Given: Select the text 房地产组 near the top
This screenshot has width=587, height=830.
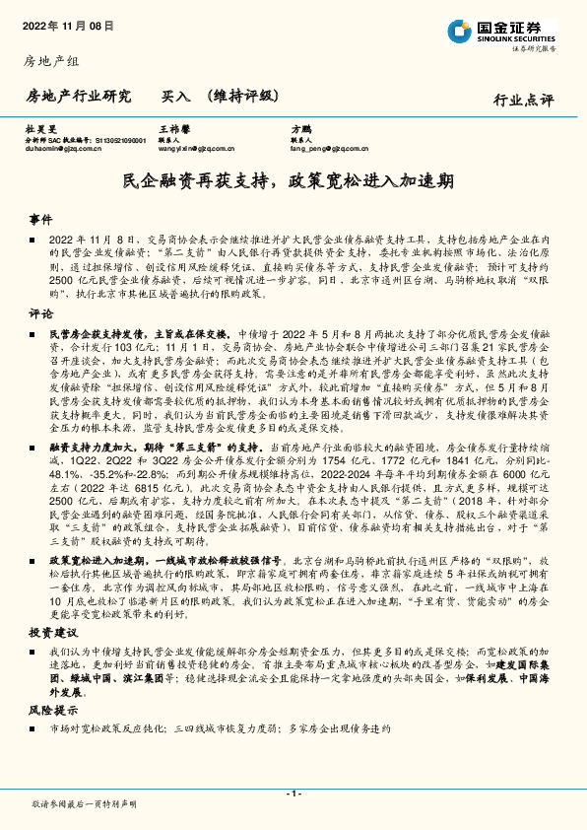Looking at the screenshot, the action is pos(47,61).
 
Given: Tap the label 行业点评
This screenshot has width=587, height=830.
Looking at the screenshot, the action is pos(523,100).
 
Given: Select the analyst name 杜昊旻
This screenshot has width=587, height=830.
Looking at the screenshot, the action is pos(39,129).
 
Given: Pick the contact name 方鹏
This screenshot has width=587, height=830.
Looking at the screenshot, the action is pos(299,129).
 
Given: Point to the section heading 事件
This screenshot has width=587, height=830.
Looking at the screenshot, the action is pos(39,218).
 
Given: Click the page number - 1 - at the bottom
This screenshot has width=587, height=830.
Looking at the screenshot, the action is pos(293,794).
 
